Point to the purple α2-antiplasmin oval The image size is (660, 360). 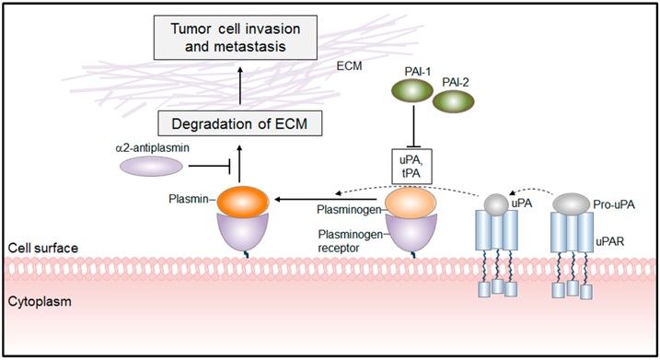coord(151,166)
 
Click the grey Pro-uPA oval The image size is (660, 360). coord(570,202)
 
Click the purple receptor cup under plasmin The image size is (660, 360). coord(239,232)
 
